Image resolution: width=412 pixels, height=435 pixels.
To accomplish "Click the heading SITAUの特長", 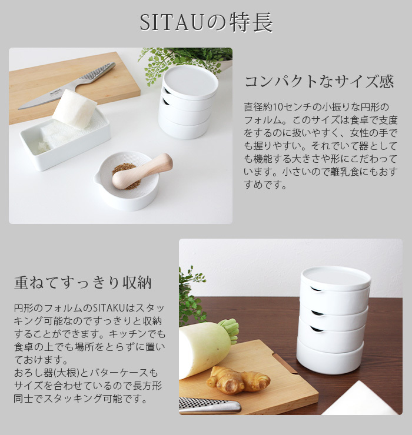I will [x=206, y=23].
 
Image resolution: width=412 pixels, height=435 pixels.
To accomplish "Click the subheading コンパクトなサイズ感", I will [x=319, y=81].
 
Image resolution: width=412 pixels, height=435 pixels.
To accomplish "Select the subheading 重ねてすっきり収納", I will [x=83, y=283].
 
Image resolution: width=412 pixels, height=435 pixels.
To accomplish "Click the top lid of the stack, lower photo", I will [x=335, y=277].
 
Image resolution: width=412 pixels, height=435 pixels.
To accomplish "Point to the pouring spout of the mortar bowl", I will [x=98, y=176].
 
